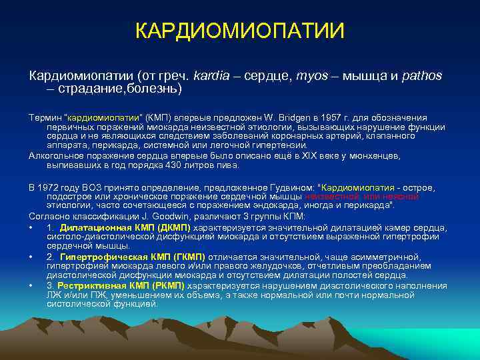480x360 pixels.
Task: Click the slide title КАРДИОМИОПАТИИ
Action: click(x=240, y=31)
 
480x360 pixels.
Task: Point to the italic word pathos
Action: click(x=421, y=76)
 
